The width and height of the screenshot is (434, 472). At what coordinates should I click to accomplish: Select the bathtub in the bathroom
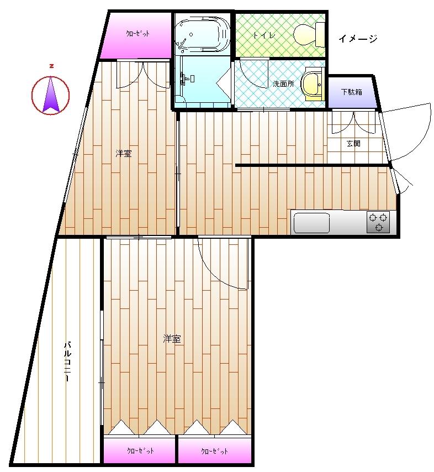(x=203, y=35)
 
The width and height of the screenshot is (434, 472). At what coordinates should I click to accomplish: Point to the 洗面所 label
(x=283, y=83)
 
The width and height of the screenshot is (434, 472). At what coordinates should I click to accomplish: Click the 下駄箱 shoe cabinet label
(x=351, y=92)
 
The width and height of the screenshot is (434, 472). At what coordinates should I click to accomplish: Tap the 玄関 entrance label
(x=353, y=143)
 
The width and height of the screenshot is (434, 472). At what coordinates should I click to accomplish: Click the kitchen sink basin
(x=311, y=223)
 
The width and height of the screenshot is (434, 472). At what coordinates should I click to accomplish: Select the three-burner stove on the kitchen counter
(x=378, y=222)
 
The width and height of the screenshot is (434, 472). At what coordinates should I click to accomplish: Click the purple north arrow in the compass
(x=51, y=95)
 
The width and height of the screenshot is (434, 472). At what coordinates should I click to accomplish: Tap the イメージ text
(x=358, y=39)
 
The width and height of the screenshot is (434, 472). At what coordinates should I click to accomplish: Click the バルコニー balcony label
(x=68, y=361)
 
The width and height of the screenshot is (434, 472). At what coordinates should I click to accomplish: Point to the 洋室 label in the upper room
(x=124, y=154)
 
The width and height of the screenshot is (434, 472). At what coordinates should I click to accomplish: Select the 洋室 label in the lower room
(x=172, y=339)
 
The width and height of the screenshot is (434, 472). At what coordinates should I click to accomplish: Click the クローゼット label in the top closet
(x=137, y=33)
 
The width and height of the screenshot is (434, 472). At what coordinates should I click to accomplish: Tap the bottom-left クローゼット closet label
(x=140, y=450)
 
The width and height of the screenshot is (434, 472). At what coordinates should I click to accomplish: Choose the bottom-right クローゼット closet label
(x=214, y=451)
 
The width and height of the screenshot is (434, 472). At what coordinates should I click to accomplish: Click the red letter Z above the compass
(x=52, y=66)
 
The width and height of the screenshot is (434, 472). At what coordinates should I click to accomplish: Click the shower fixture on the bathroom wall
(x=185, y=78)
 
